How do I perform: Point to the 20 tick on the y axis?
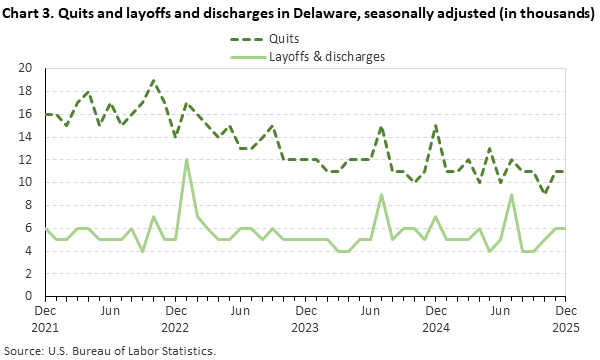click(x=27, y=68)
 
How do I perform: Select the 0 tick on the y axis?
click(x=30, y=296)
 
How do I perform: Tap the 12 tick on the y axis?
click(x=27, y=159)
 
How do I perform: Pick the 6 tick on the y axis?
click(x=30, y=228)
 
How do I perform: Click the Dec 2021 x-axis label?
click(x=45, y=319)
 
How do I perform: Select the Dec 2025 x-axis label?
click(x=566, y=319)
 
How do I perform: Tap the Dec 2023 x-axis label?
click(x=305, y=319)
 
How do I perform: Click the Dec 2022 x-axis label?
click(x=175, y=319)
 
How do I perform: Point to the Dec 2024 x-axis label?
click(x=435, y=319)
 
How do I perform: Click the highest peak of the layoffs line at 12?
click(x=186, y=160)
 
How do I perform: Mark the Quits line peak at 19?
click(x=153, y=80)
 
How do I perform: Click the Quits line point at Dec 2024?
click(x=436, y=126)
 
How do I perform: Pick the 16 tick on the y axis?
click(x=27, y=114)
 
